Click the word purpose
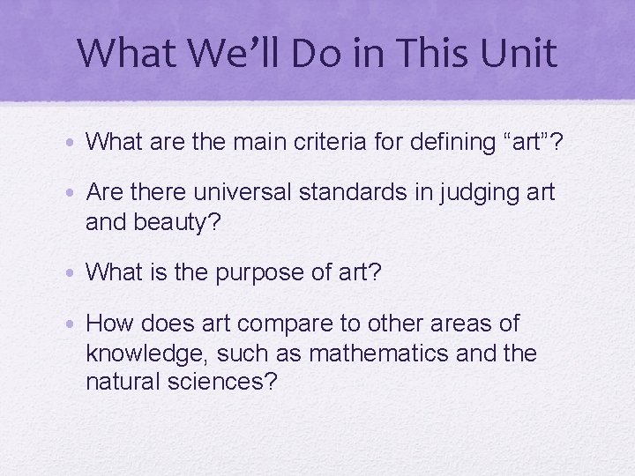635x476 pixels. coord(260,273)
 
